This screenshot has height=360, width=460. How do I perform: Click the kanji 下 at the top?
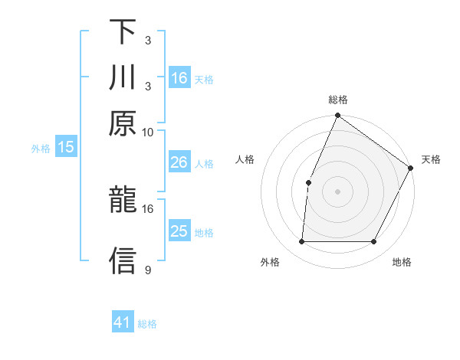(x=123, y=32)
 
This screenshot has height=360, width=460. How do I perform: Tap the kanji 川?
(x=123, y=78)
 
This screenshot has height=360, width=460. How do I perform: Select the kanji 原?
(x=123, y=124)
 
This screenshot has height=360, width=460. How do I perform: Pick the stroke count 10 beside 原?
(x=148, y=132)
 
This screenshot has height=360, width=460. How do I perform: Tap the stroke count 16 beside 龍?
(x=148, y=208)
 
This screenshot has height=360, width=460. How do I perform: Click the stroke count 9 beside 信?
(x=148, y=270)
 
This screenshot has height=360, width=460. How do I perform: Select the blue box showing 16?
(x=179, y=77)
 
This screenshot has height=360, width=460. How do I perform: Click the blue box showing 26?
(x=179, y=162)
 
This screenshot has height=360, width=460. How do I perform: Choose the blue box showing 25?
(x=179, y=231)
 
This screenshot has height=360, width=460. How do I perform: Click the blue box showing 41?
(x=123, y=322)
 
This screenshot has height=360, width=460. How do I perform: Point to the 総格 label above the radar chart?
(x=337, y=100)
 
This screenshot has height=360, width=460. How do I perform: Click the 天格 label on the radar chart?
(x=431, y=159)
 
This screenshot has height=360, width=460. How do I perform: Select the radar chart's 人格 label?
(x=245, y=159)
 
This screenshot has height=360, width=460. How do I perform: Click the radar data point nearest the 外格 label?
(x=301, y=242)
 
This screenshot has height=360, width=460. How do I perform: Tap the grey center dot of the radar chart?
(x=337, y=191)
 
